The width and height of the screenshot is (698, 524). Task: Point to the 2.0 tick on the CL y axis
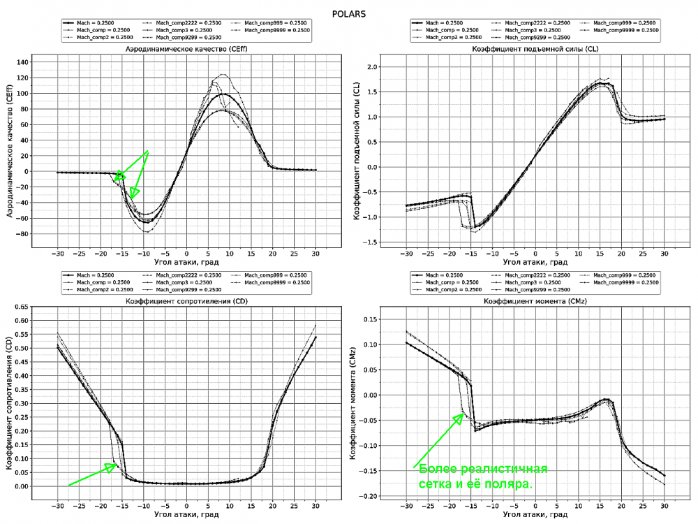392,67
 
